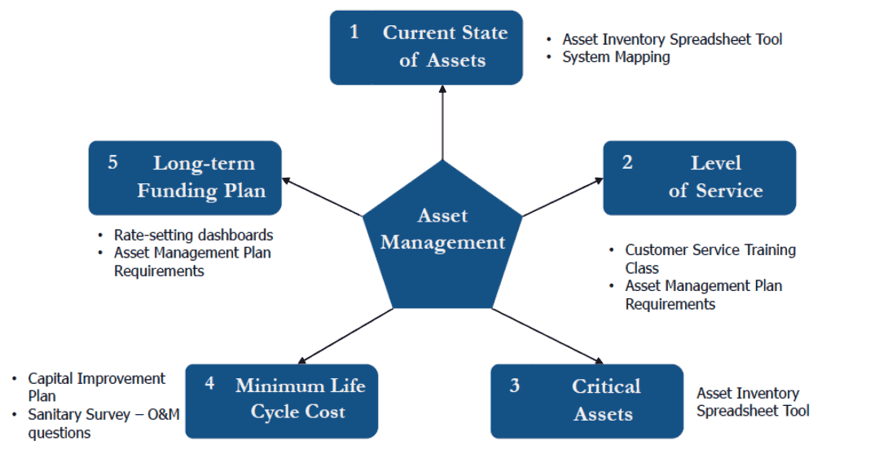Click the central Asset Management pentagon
click(x=442, y=236)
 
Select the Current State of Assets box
click(x=426, y=47)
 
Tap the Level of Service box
click(x=699, y=178)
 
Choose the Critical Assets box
click(x=587, y=400)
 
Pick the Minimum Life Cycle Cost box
click(x=282, y=399)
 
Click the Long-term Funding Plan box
click(x=185, y=177)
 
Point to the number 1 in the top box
click(x=354, y=33)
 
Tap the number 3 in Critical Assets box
click(x=514, y=386)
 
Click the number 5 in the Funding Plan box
click(x=113, y=163)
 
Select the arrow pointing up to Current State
click(x=442, y=122)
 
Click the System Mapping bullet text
click(x=616, y=57)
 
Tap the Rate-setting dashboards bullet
click(x=193, y=235)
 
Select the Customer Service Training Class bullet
click(x=710, y=258)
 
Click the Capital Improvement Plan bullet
click(x=96, y=387)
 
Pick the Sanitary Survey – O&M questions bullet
click(x=103, y=424)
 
